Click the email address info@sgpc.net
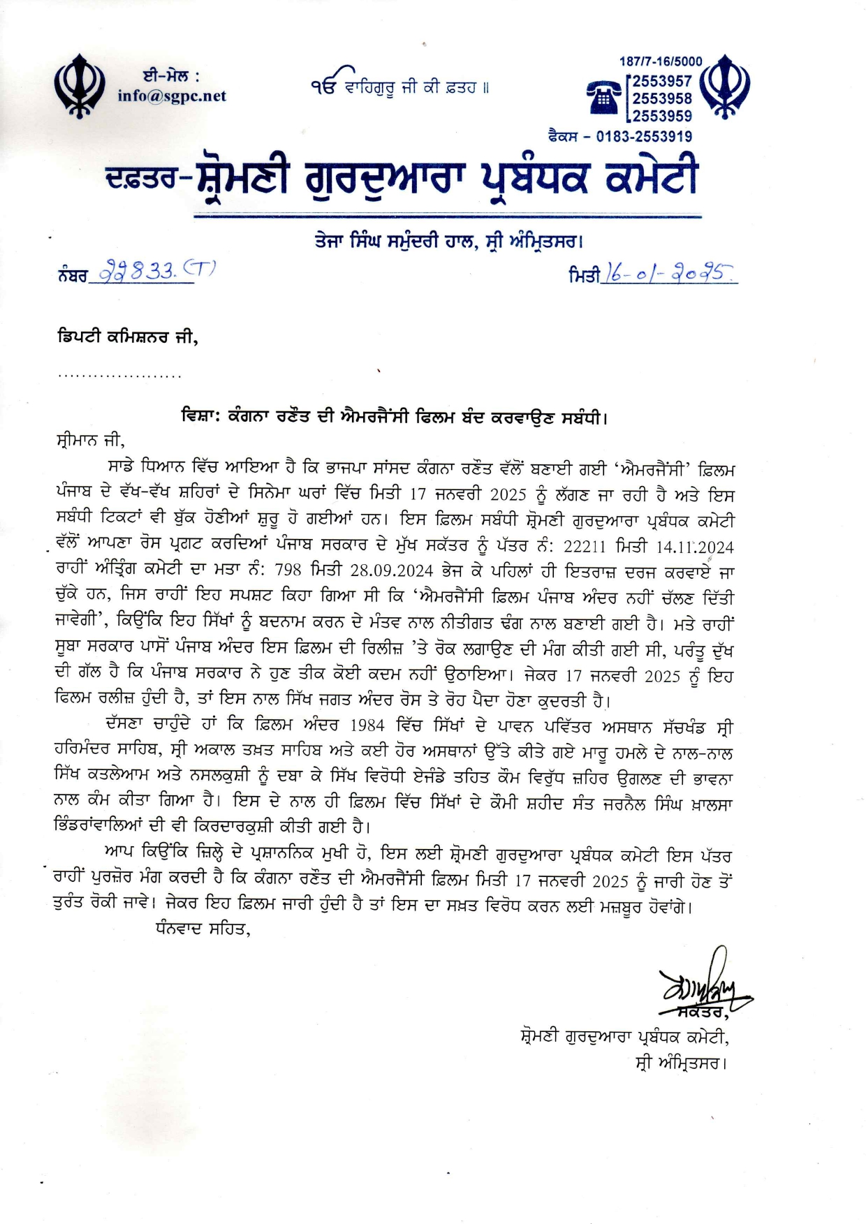pyautogui.click(x=172, y=96)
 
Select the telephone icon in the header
pyautogui.click(x=604, y=97)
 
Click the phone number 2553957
pyautogui.click(x=662, y=81)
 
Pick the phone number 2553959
pyautogui.click(x=662, y=116)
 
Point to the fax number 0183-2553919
pyautogui.click(x=644, y=137)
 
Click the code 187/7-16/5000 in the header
pyautogui.click(x=661, y=61)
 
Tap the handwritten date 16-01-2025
pyautogui.click(x=668, y=274)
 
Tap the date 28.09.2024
pyautogui.click(x=392, y=572)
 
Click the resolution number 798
pyautogui.click(x=288, y=572)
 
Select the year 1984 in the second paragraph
pyautogui.click(x=367, y=725)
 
